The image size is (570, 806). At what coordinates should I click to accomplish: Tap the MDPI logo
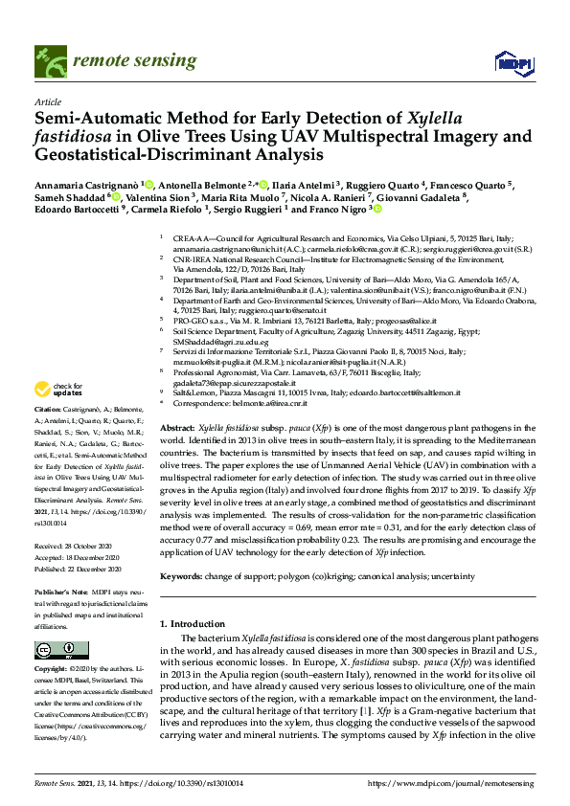click(513, 62)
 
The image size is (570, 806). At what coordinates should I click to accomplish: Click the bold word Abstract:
click(177, 429)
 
